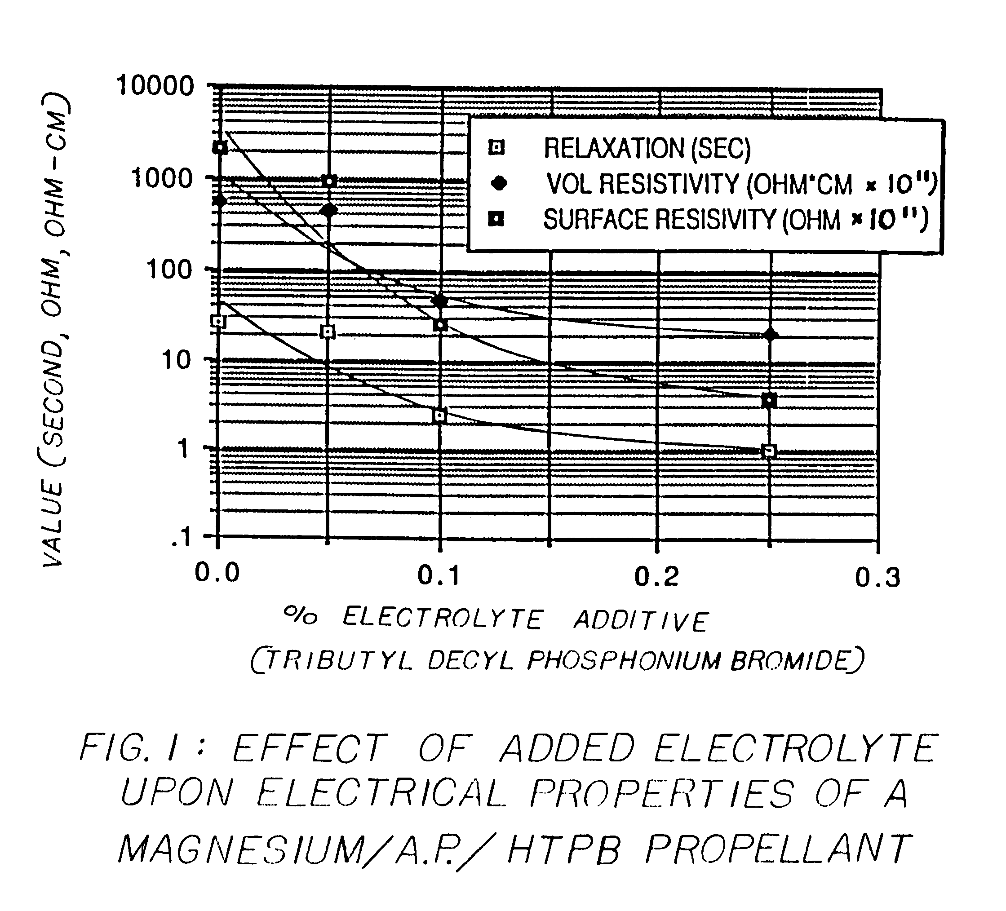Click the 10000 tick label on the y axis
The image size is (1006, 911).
click(x=155, y=86)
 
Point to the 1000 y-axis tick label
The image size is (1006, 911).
click(x=161, y=178)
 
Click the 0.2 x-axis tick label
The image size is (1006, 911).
click(x=657, y=577)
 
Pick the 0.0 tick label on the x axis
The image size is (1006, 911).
click(x=217, y=573)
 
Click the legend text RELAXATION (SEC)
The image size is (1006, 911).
click(x=647, y=148)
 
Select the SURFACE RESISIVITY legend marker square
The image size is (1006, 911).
click(x=496, y=219)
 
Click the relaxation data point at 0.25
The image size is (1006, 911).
click(x=770, y=451)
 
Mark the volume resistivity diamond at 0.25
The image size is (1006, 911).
click(x=771, y=335)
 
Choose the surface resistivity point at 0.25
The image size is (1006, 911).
click(x=770, y=400)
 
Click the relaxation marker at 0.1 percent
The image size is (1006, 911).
click(x=439, y=416)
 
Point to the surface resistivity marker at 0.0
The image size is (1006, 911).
click(x=220, y=148)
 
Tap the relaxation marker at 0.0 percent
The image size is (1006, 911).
click(x=218, y=321)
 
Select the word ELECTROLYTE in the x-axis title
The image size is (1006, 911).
click(x=442, y=619)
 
